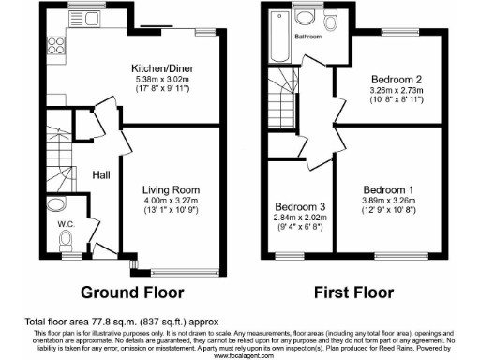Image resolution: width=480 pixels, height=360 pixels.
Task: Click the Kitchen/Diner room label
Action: coord(163,67)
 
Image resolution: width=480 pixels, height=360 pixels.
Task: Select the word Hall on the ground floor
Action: coord(102,174)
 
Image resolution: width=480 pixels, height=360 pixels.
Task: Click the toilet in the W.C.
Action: coord(65,242)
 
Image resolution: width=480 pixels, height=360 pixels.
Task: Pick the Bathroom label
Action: coord(307,37)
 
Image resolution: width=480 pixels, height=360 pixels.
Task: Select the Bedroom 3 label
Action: coord(292,207)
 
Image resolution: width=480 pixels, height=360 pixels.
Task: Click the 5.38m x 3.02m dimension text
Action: coord(163,80)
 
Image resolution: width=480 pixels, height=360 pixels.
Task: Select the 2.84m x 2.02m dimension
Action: coord(292,219)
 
